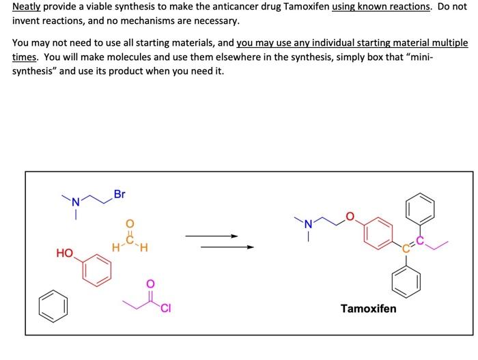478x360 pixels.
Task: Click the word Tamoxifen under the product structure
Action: tap(368, 309)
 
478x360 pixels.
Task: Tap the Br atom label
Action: tap(119, 195)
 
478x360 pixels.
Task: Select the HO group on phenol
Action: tap(65, 253)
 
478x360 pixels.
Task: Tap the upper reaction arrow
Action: tap(211, 236)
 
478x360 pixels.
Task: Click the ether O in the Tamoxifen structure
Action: tap(350, 217)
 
